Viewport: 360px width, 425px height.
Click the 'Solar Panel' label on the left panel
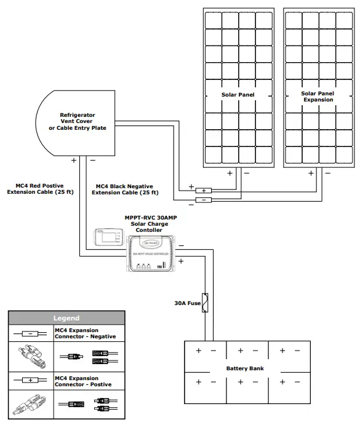point(238,95)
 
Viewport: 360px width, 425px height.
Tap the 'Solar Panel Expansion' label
point(318,97)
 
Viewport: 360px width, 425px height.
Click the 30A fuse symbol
point(207,304)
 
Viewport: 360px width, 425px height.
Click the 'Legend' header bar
point(66,318)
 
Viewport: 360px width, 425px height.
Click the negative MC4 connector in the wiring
point(203,200)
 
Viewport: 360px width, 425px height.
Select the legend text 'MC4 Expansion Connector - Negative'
point(76,333)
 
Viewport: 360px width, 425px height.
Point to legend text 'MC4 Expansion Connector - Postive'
point(76,381)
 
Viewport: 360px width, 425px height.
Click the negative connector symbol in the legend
point(29,333)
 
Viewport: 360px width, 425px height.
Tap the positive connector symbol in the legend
point(29,381)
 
